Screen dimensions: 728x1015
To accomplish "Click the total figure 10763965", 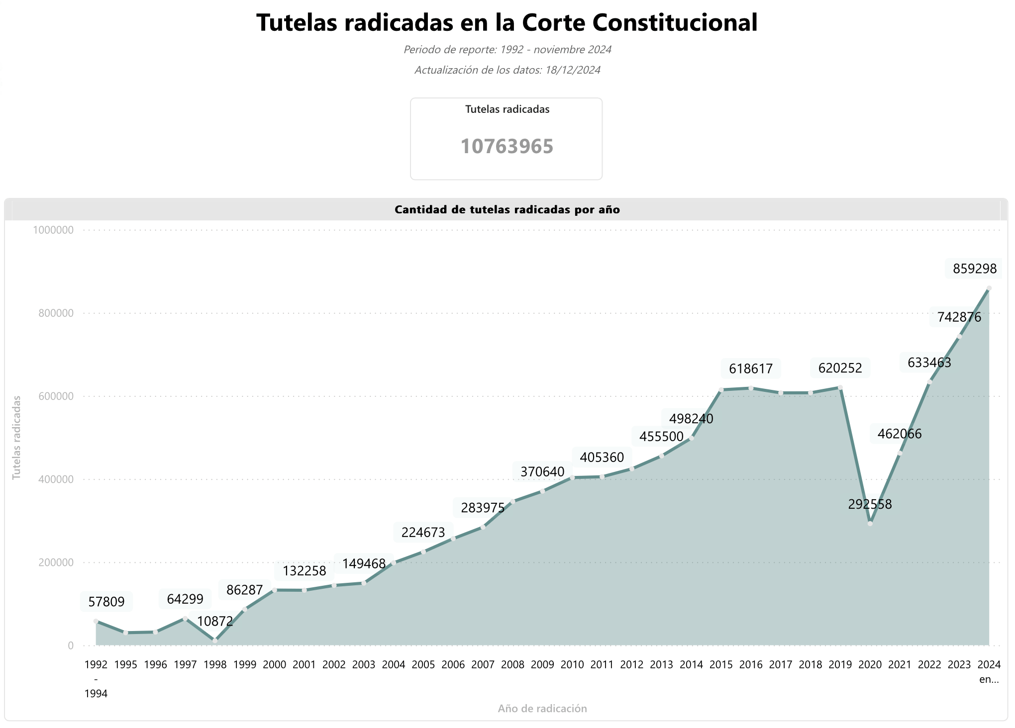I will pos(507,147).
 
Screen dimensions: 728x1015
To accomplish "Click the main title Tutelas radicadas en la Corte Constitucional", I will pos(507,23).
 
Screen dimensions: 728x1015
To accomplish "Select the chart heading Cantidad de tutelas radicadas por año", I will pos(507,210).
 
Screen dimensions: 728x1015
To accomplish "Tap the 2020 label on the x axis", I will pos(870,665).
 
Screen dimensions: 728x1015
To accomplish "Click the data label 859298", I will pos(974,269).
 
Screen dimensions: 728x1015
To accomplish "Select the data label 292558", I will pos(870,505).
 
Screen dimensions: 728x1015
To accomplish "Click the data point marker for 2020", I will pos(870,524).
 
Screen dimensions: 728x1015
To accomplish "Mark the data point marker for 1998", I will pos(215,641).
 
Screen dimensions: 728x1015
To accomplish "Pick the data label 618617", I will pos(751,369).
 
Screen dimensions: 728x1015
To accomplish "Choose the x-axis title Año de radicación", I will pos(542,709).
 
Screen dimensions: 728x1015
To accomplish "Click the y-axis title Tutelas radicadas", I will pos(17,438).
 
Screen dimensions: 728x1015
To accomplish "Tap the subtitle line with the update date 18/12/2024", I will pos(507,70).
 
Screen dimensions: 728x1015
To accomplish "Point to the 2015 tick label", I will pos(721,665).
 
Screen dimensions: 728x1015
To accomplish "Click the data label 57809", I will pos(106,602).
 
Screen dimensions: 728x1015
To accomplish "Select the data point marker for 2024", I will pos(989,288).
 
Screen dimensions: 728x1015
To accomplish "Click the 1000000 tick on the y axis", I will pos(53,230).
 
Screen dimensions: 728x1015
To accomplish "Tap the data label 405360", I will pos(602,457).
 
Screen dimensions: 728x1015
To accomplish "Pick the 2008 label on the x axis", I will pos(512,665).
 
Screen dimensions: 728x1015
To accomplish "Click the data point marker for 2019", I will pos(840,387).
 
